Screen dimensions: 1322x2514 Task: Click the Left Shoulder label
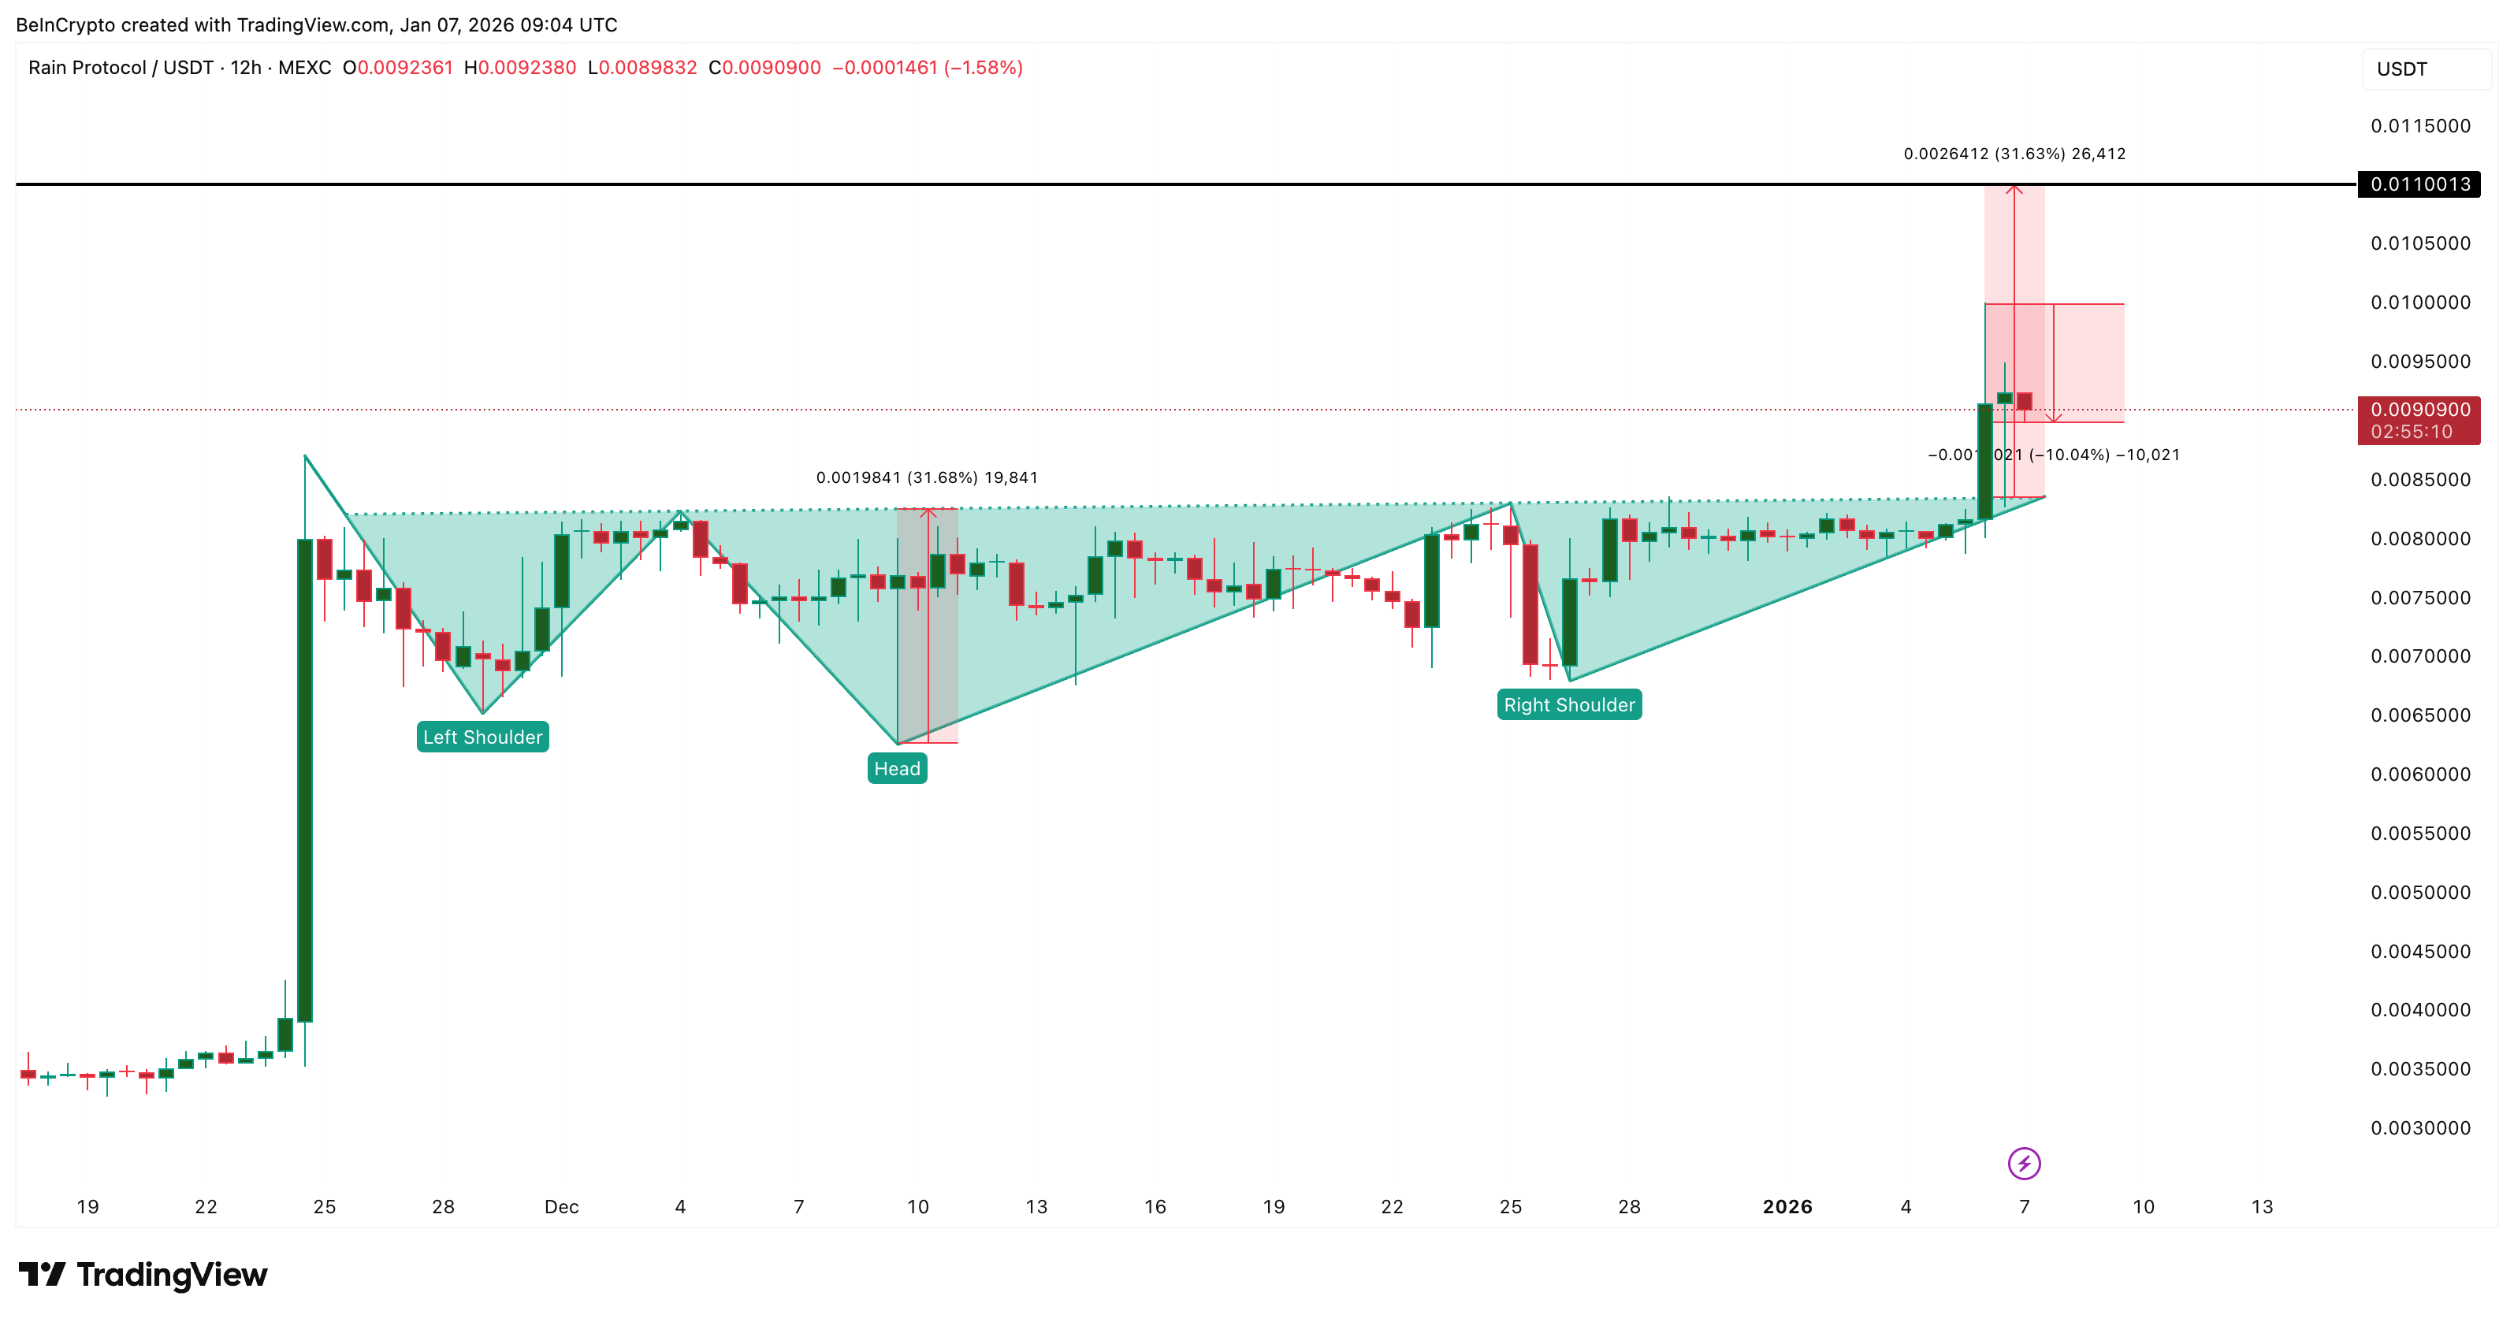click(x=482, y=737)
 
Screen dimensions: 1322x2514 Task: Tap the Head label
click(x=897, y=769)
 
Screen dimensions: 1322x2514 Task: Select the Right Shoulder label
click(x=1568, y=704)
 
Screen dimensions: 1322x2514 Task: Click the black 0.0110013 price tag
click(x=2419, y=184)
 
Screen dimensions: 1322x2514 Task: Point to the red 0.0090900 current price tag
click(x=2419, y=421)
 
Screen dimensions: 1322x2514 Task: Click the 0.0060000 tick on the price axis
click(x=2420, y=774)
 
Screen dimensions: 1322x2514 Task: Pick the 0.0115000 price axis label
click(x=2420, y=126)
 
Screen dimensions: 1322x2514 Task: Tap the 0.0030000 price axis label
click(x=2420, y=1128)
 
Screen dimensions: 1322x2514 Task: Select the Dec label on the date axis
click(x=561, y=1207)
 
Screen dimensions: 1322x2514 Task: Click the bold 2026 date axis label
click(x=1787, y=1207)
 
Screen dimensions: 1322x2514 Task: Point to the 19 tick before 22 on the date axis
click(x=87, y=1207)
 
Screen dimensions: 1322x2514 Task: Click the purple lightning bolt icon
click(x=2024, y=1163)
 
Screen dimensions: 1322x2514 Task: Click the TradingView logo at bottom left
click(x=143, y=1274)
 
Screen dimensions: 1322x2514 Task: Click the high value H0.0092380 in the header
click(x=519, y=67)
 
